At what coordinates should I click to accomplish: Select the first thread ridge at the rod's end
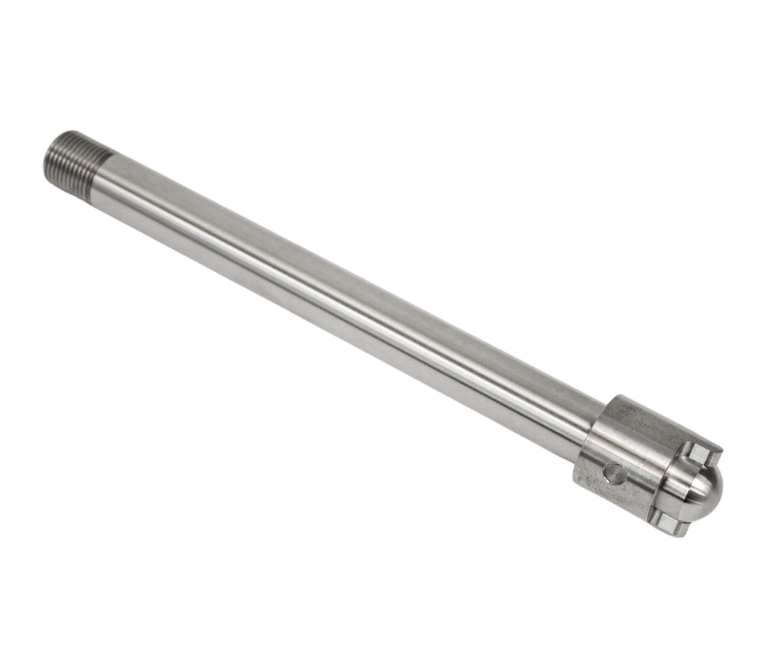(x=54, y=153)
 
